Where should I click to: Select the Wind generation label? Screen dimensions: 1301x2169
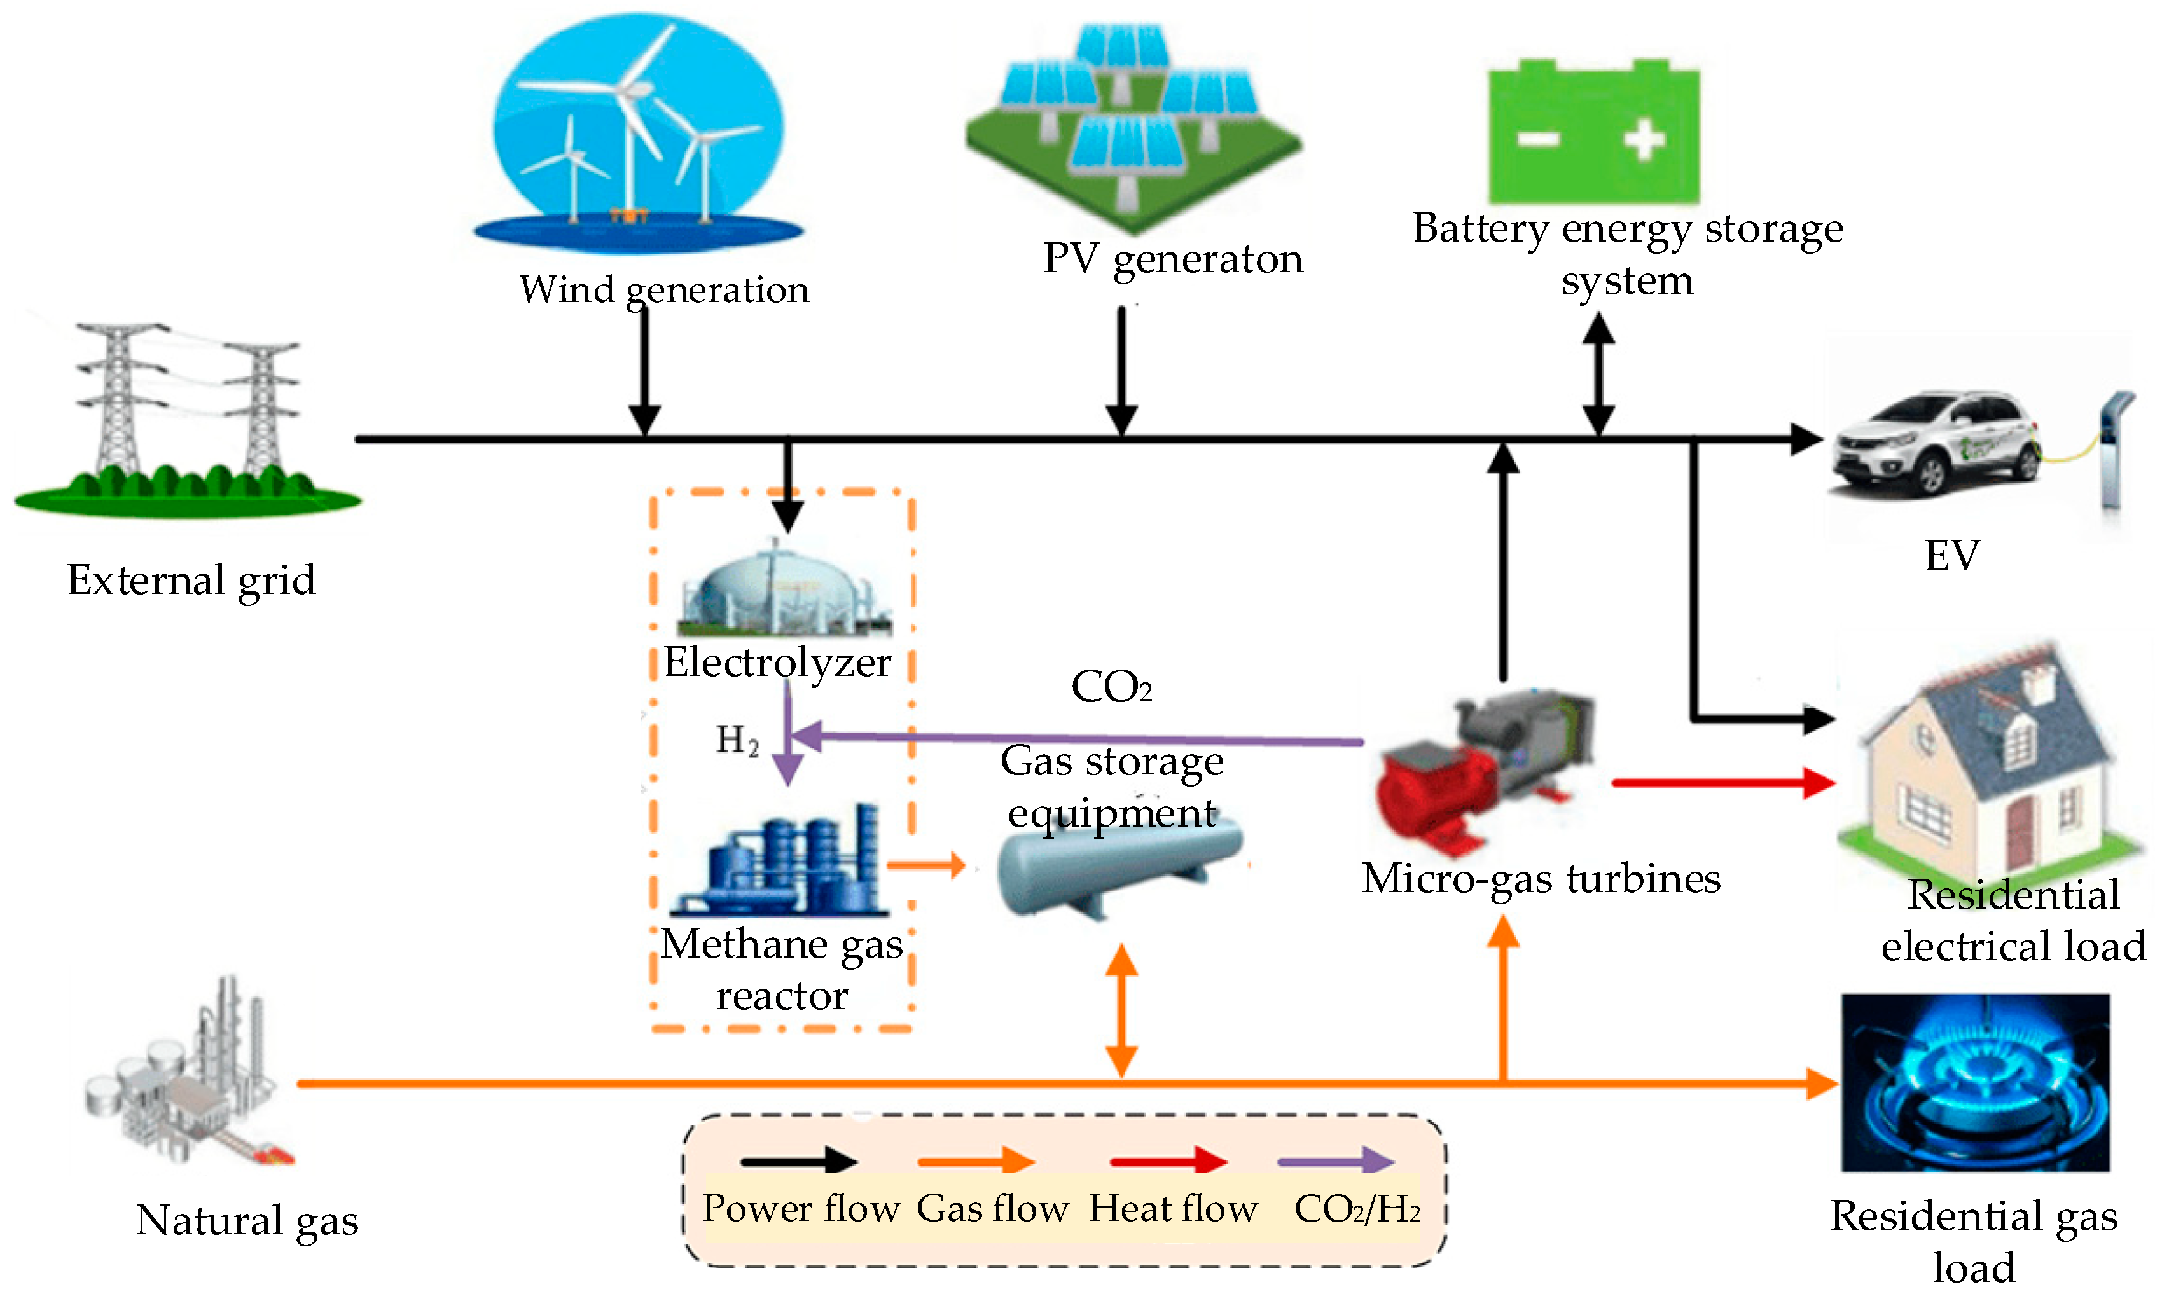point(663,290)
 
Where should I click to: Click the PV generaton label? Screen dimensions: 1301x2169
point(1172,259)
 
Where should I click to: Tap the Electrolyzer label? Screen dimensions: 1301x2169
point(777,663)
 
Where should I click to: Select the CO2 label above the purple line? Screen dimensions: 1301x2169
point(1111,687)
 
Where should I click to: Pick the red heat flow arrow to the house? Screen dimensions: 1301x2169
point(1722,782)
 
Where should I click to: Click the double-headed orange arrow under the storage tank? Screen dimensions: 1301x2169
point(1121,1010)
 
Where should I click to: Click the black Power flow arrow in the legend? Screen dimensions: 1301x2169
point(798,1162)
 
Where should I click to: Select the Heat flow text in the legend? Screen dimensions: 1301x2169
point(1172,1209)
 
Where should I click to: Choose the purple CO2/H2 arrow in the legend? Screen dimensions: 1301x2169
point(1334,1162)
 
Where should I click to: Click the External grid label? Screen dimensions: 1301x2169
point(191,581)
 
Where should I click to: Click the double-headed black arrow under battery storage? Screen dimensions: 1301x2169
point(1598,375)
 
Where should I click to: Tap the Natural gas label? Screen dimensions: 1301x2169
point(247,1220)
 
